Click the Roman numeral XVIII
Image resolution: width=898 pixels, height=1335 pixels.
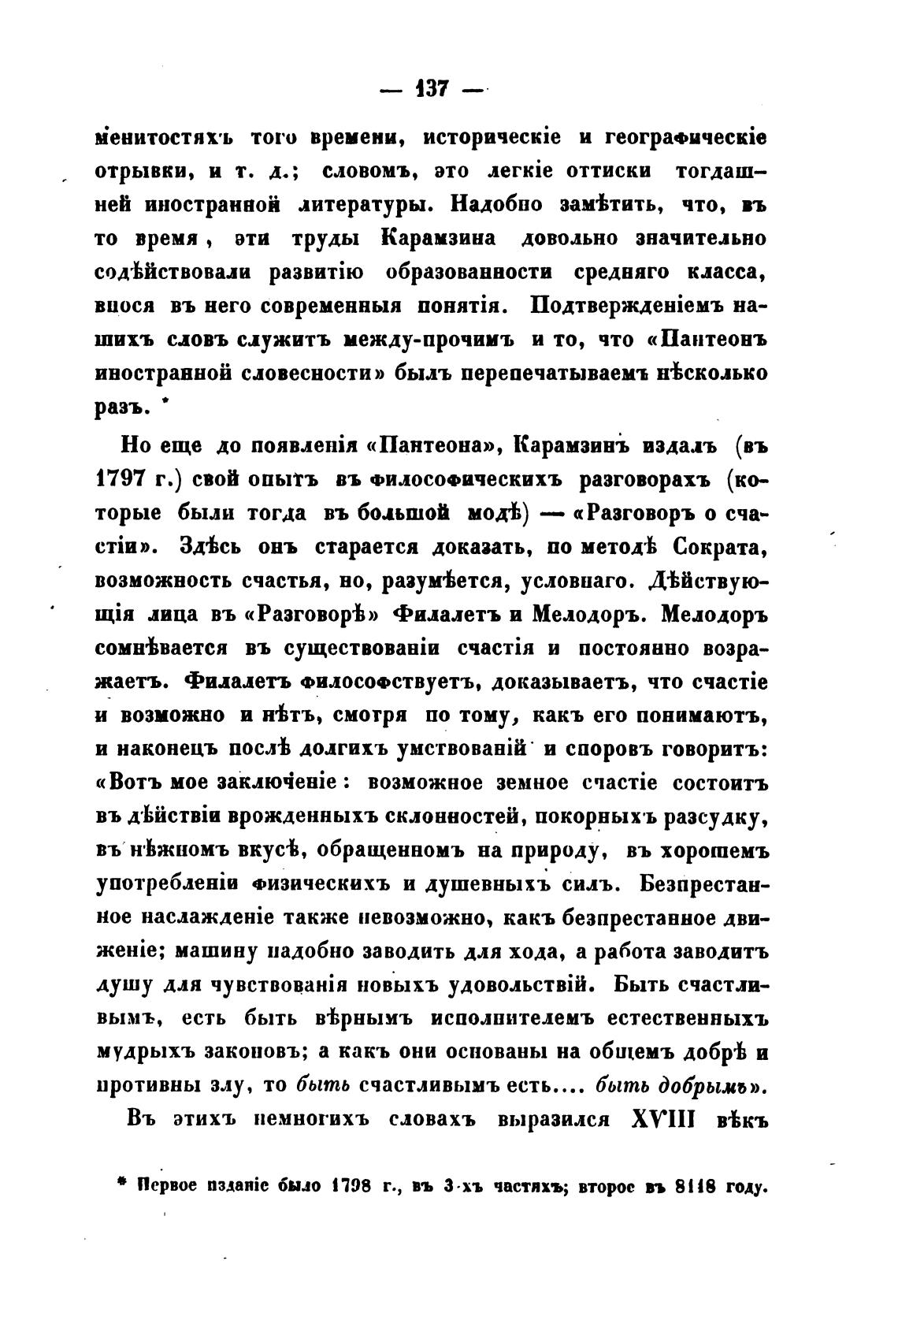click(660, 1119)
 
